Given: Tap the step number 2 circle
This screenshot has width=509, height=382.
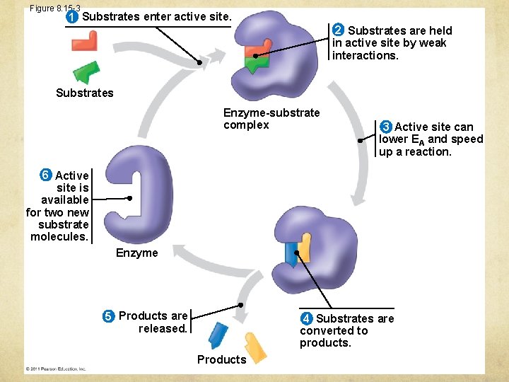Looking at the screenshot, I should tap(339, 30).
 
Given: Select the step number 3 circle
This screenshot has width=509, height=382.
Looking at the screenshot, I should tap(385, 127).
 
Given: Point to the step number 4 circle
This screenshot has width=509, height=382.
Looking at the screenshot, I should tap(306, 318).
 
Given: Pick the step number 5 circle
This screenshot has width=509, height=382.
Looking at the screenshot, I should tap(109, 316).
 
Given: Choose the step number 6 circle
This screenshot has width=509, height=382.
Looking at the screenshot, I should tap(45, 175).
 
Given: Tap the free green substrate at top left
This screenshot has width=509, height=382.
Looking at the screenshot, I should tap(87, 71).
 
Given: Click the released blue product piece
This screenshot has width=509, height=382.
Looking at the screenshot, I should tap(218, 335).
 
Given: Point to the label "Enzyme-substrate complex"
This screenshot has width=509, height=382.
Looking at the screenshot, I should tap(271, 119).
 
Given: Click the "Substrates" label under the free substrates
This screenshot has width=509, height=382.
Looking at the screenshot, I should tap(84, 93).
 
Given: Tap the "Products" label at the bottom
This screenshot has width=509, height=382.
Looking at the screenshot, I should tap(221, 359).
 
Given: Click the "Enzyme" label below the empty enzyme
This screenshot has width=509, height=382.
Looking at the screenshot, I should tap(136, 253).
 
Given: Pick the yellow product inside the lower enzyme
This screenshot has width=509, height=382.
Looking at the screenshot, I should tap(305, 245).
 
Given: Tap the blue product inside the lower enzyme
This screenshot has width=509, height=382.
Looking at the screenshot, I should tap(291, 253).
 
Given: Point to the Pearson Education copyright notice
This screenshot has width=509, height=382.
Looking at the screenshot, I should tap(56, 369).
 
